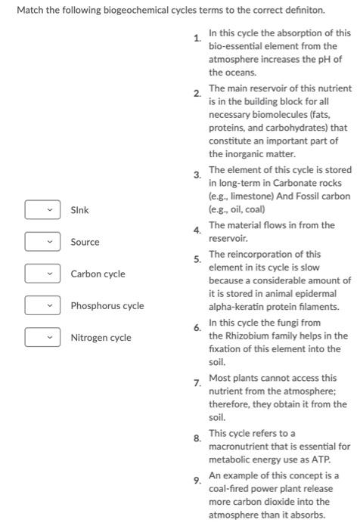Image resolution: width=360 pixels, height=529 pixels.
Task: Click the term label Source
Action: point(85,242)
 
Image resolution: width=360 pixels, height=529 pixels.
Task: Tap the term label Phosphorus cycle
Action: point(107,306)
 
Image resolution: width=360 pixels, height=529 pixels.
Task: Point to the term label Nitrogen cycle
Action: point(101,338)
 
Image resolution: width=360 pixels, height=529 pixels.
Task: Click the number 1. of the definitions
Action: point(197,38)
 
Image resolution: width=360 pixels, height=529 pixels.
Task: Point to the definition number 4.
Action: point(197,230)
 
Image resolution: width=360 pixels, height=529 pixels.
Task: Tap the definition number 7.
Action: point(197,383)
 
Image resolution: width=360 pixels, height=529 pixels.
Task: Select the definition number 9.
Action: point(197,480)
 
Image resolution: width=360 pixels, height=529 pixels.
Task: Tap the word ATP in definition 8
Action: point(312,459)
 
